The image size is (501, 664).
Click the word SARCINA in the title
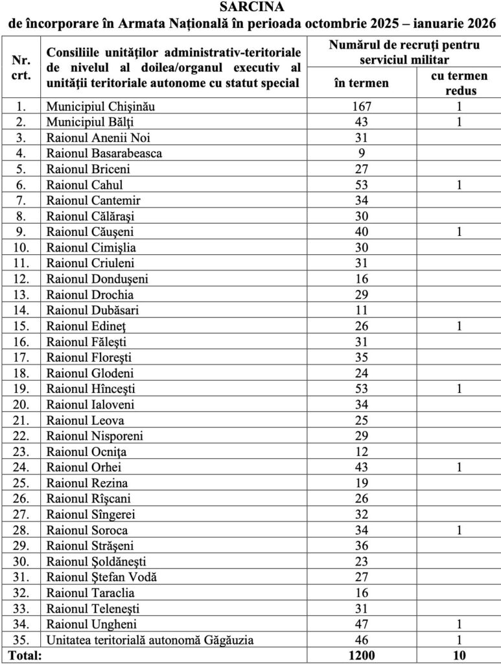coord(251,7)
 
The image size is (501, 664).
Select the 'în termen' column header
coord(361,82)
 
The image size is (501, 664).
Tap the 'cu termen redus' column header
coord(459,83)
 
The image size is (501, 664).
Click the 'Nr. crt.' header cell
coord(21,67)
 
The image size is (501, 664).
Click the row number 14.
coord(21,310)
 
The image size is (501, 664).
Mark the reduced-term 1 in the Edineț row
coord(459,326)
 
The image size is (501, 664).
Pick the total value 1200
coord(361,656)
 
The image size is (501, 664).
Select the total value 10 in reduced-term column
coord(459,656)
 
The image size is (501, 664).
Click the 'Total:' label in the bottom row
coord(24,656)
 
